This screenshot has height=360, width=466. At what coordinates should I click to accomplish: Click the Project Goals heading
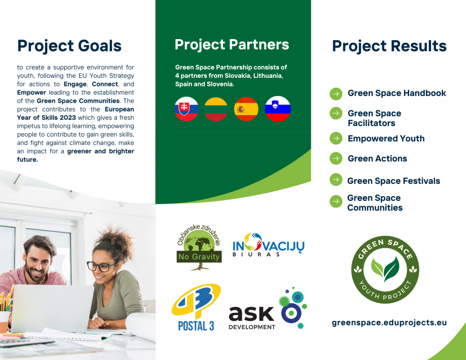coord(69,46)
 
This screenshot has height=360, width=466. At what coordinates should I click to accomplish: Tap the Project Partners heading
coord(232,45)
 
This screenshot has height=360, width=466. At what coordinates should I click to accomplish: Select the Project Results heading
coord(390,46)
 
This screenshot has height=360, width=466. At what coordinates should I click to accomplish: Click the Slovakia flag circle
coord(186,109)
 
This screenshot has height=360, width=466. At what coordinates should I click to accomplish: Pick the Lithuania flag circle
coord(216,109)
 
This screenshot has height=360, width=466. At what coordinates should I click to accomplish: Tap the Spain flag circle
coord(246,109)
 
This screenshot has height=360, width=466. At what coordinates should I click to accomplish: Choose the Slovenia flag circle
coord(278,109)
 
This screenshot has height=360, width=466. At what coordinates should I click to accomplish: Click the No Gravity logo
coord(199,247)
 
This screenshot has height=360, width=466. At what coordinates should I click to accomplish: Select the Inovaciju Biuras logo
coord(268,245)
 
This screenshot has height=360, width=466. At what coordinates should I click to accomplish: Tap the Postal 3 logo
coord(196,307)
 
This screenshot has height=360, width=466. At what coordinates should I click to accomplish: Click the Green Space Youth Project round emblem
coord(385,269)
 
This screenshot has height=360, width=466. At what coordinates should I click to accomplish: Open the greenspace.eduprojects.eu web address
coord(389,323)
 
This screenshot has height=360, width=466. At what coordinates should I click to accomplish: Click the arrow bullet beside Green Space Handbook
coord(336,94)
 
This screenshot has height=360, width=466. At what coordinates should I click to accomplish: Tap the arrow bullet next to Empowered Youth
coord(336,138)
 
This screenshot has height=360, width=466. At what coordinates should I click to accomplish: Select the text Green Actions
coord(377,158)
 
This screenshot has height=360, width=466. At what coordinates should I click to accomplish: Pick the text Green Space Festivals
coord(394,181)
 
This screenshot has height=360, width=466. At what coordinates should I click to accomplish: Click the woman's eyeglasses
coord(102,266)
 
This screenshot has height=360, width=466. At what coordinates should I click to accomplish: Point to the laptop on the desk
coord(52,309)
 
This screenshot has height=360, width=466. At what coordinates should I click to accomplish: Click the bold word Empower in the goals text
coord(31,92)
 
